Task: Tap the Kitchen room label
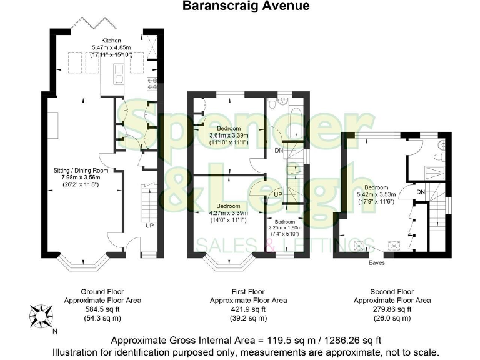tap(102, 41)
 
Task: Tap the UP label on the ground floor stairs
tap(149, 225)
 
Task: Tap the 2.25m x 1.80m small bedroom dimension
tap(284, 228)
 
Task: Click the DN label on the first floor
tap(279, 150)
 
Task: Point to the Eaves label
tap(376, 262)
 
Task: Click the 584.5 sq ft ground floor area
tap(102, 309)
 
